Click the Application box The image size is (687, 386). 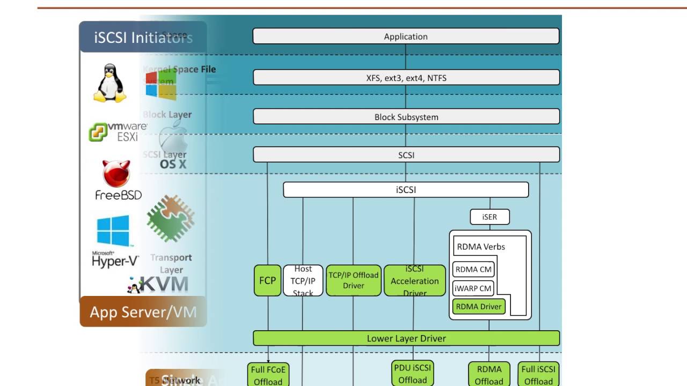coord(406,36)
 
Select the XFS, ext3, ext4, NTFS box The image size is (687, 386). coord(406,78)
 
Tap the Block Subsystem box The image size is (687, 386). coord(406,117)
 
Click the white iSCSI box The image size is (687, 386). coord(406,190)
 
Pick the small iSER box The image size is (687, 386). coord(489,217)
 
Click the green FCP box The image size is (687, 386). coord(267,280)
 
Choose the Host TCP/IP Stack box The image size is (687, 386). coord(303,280)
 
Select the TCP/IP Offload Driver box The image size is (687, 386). coord(354,280)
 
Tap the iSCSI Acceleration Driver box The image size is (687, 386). coord(415,280)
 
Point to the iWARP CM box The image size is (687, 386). coord(473,288)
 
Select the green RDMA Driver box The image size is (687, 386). coord(478,307)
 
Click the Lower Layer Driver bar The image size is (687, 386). coord(406,338)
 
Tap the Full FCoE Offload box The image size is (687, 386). coord(268,375)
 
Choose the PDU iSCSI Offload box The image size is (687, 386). coord(412,374)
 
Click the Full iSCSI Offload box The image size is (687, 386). coord(538,375)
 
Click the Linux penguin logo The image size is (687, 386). coord(110,84)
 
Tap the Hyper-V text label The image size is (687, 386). coord(115,261)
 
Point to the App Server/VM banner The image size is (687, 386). coord(143,311)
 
